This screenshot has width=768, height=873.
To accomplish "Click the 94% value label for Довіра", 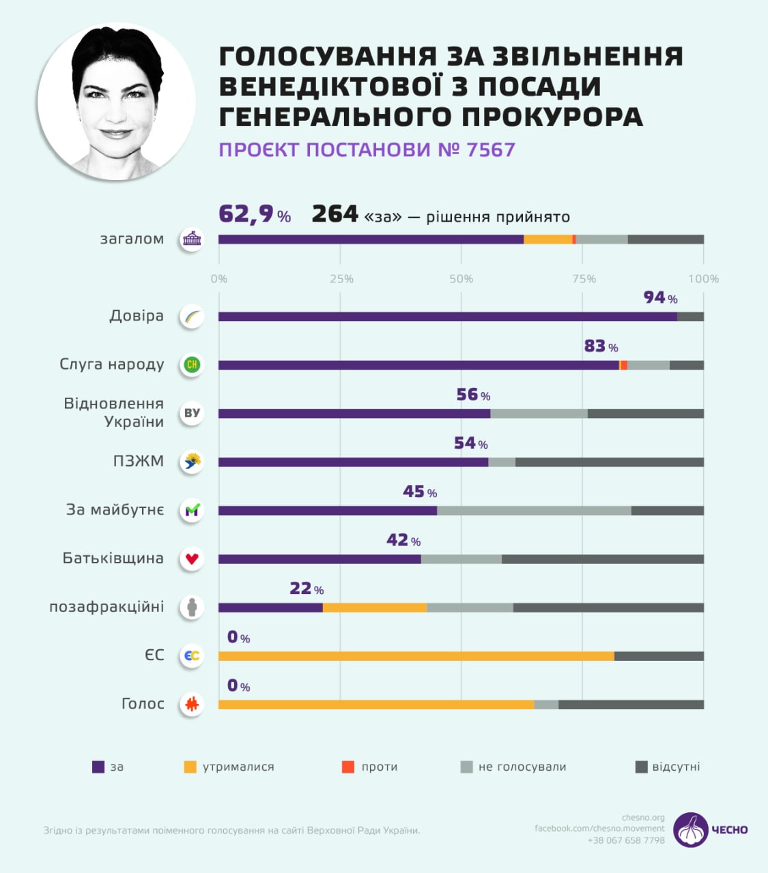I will (660, 297).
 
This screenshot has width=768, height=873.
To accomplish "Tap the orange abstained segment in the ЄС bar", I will (416, 656).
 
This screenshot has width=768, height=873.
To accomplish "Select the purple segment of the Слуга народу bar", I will (418, 365).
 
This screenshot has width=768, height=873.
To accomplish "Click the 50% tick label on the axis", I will (461, 278).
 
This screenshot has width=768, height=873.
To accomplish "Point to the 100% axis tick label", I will (703, 278).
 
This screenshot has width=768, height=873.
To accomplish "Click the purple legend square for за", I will (98, 767).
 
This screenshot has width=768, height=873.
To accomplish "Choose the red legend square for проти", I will (348, 767).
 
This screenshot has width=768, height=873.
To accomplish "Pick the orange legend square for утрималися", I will (190, 767).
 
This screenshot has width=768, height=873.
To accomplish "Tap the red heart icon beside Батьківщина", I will (192, 559).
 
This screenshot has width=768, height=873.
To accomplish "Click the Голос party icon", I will (192, 704).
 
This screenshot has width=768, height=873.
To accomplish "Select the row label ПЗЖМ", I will (139, 461).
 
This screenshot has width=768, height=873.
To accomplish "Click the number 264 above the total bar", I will (335, 214).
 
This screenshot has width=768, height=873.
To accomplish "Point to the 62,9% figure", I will (255, 214).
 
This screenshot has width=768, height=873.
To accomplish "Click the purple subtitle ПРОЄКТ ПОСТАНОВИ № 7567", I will (367, 150).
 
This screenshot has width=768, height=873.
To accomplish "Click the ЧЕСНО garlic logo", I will (690, 829).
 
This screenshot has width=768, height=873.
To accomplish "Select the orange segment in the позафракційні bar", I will (374, 608).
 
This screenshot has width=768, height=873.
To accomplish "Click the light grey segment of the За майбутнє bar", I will (534, 510).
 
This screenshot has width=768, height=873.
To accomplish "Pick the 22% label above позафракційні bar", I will (307, 588).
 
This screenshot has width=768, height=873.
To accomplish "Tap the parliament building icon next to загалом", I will (192, 239).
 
